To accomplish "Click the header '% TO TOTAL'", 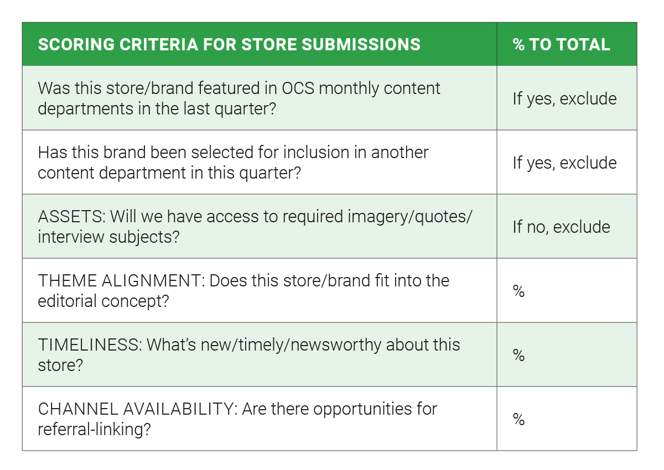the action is point(561,44).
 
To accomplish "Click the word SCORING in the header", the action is point(76,44).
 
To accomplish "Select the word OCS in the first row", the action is point(298,88).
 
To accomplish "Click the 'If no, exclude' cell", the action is point(561,227).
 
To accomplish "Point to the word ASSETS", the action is point(72,217).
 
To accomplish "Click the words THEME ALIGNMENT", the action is point(122,281).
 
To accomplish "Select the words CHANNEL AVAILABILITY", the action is point(138,409).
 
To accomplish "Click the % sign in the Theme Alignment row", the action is point(519,291).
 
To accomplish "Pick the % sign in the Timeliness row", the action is point(519,355).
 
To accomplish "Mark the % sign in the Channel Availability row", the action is point(519,419).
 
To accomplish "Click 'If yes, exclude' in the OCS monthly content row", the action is point(565,98).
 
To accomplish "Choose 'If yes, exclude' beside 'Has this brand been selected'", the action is point(565,163).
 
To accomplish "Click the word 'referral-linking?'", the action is point(94,430).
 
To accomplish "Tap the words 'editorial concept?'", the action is point(103,301).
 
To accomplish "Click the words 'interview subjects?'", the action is point(108,237).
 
